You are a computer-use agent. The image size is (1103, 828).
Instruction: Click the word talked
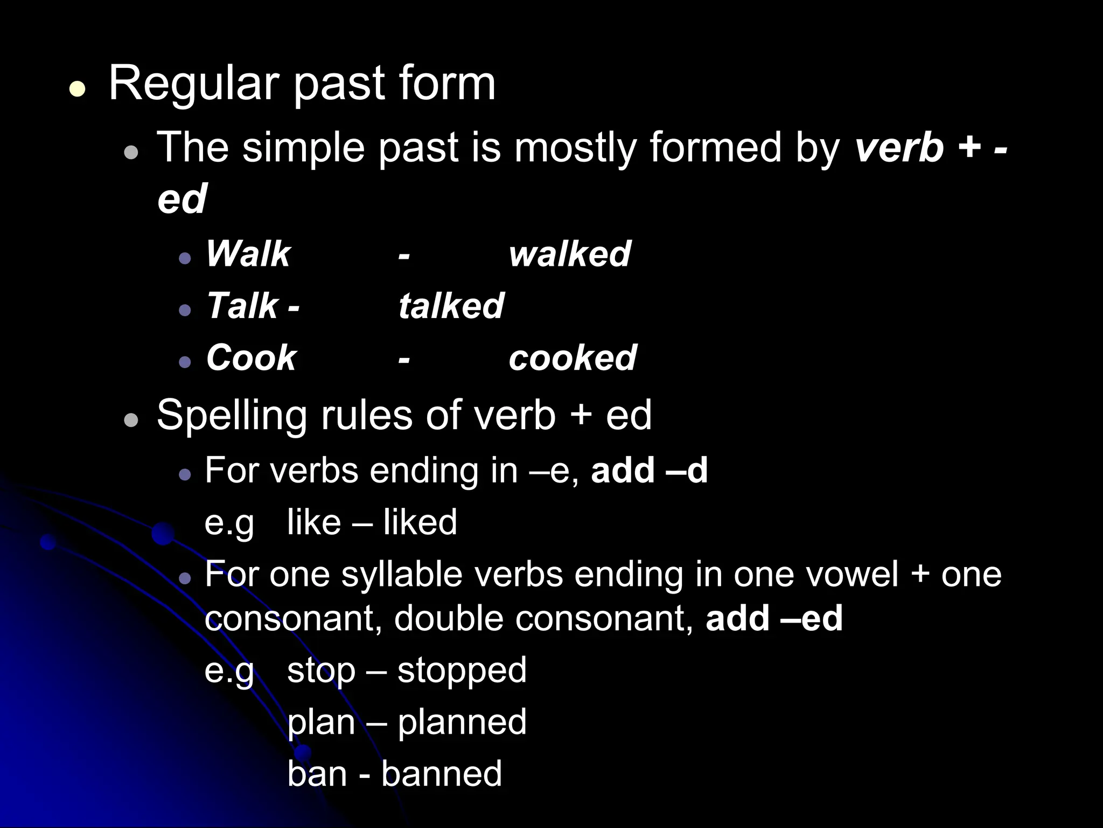(451, 306)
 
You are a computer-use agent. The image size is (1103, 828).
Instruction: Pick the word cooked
(573, 357)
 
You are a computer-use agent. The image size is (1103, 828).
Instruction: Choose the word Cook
(252, 357)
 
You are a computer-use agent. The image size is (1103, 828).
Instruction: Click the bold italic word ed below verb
(182, 198)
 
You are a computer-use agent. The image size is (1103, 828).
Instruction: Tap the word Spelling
(232, 416)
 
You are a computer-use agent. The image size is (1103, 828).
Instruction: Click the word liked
(420, 522)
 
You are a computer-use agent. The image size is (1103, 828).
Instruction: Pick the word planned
(462, 722)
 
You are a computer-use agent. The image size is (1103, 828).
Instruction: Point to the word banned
(442, 774)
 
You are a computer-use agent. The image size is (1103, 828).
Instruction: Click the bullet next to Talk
(185, 310)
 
